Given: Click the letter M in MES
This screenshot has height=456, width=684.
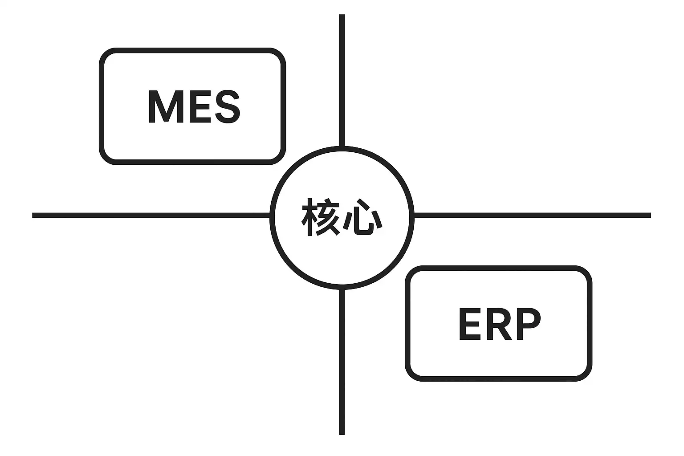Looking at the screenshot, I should [165, 107].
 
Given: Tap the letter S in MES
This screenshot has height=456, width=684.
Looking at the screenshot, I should [228, 107].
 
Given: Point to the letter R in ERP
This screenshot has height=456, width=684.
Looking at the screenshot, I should [500, 324].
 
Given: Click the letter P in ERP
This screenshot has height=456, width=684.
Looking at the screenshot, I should [529, 324].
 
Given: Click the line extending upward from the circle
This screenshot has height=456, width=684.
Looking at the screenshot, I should [342, 80].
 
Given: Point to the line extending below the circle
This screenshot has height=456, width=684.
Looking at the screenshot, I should [342, 361].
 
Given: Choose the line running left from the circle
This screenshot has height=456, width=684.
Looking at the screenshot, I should [151, 216].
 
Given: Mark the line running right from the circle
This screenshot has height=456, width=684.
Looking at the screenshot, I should [532, 216].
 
